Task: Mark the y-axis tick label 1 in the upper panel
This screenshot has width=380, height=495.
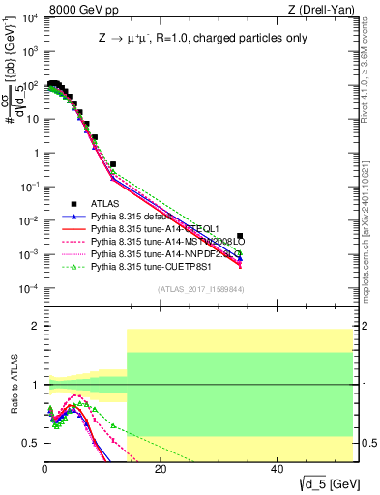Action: (37, 154)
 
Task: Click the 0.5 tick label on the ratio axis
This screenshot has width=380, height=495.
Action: (32, 443)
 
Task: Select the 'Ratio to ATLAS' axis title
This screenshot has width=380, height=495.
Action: (13, 385)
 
